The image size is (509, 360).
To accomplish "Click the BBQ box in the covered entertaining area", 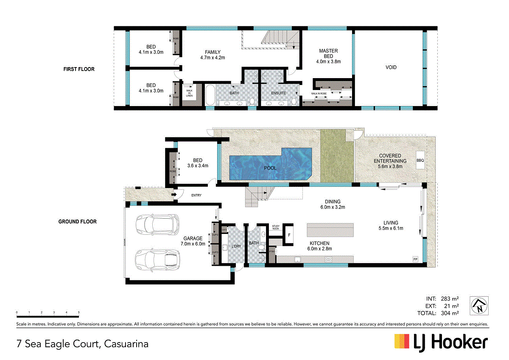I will (420, 160).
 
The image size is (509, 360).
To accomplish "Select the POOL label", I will (270, 168).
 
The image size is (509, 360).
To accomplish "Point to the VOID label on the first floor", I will (391, 67).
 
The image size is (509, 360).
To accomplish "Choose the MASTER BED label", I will (328, 53).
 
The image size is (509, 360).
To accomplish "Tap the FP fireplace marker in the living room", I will (416, 259).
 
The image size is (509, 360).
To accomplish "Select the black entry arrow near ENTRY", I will (174, 195).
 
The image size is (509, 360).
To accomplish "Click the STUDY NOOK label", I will (276, 227).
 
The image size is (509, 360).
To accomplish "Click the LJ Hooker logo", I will (441, 342).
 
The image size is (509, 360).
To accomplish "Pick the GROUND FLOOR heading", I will (77, 222).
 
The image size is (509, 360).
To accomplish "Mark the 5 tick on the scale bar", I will (79, 312).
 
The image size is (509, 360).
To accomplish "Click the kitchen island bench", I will (330, 229).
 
